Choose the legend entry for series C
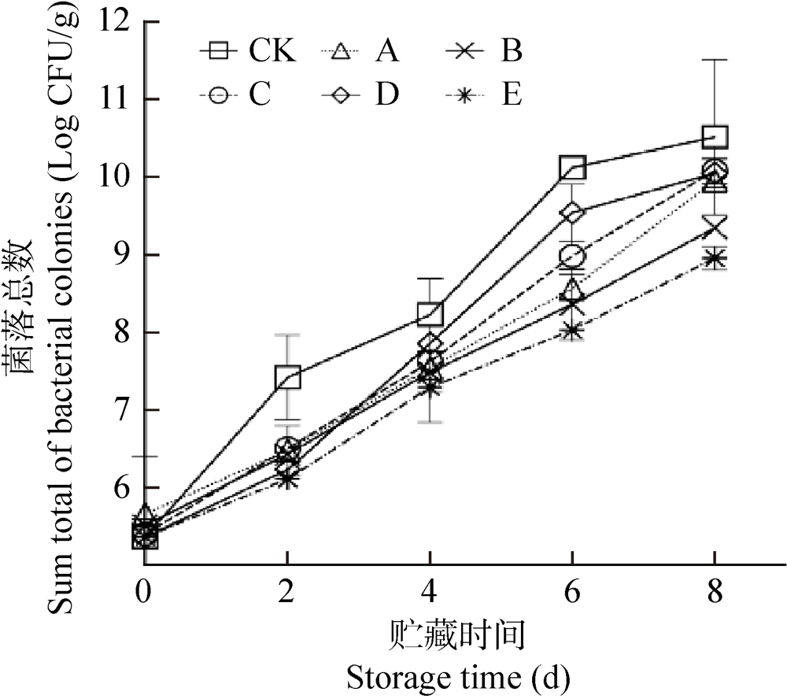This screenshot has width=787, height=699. pos(236,95)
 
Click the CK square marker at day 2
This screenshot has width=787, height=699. pos(287,378)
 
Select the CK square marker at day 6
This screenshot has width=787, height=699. pos(572,167)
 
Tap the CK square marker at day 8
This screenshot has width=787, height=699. pos(715,137)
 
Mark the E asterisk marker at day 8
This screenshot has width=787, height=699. pos(715,258)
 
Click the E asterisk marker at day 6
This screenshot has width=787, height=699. pos(572,330)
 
